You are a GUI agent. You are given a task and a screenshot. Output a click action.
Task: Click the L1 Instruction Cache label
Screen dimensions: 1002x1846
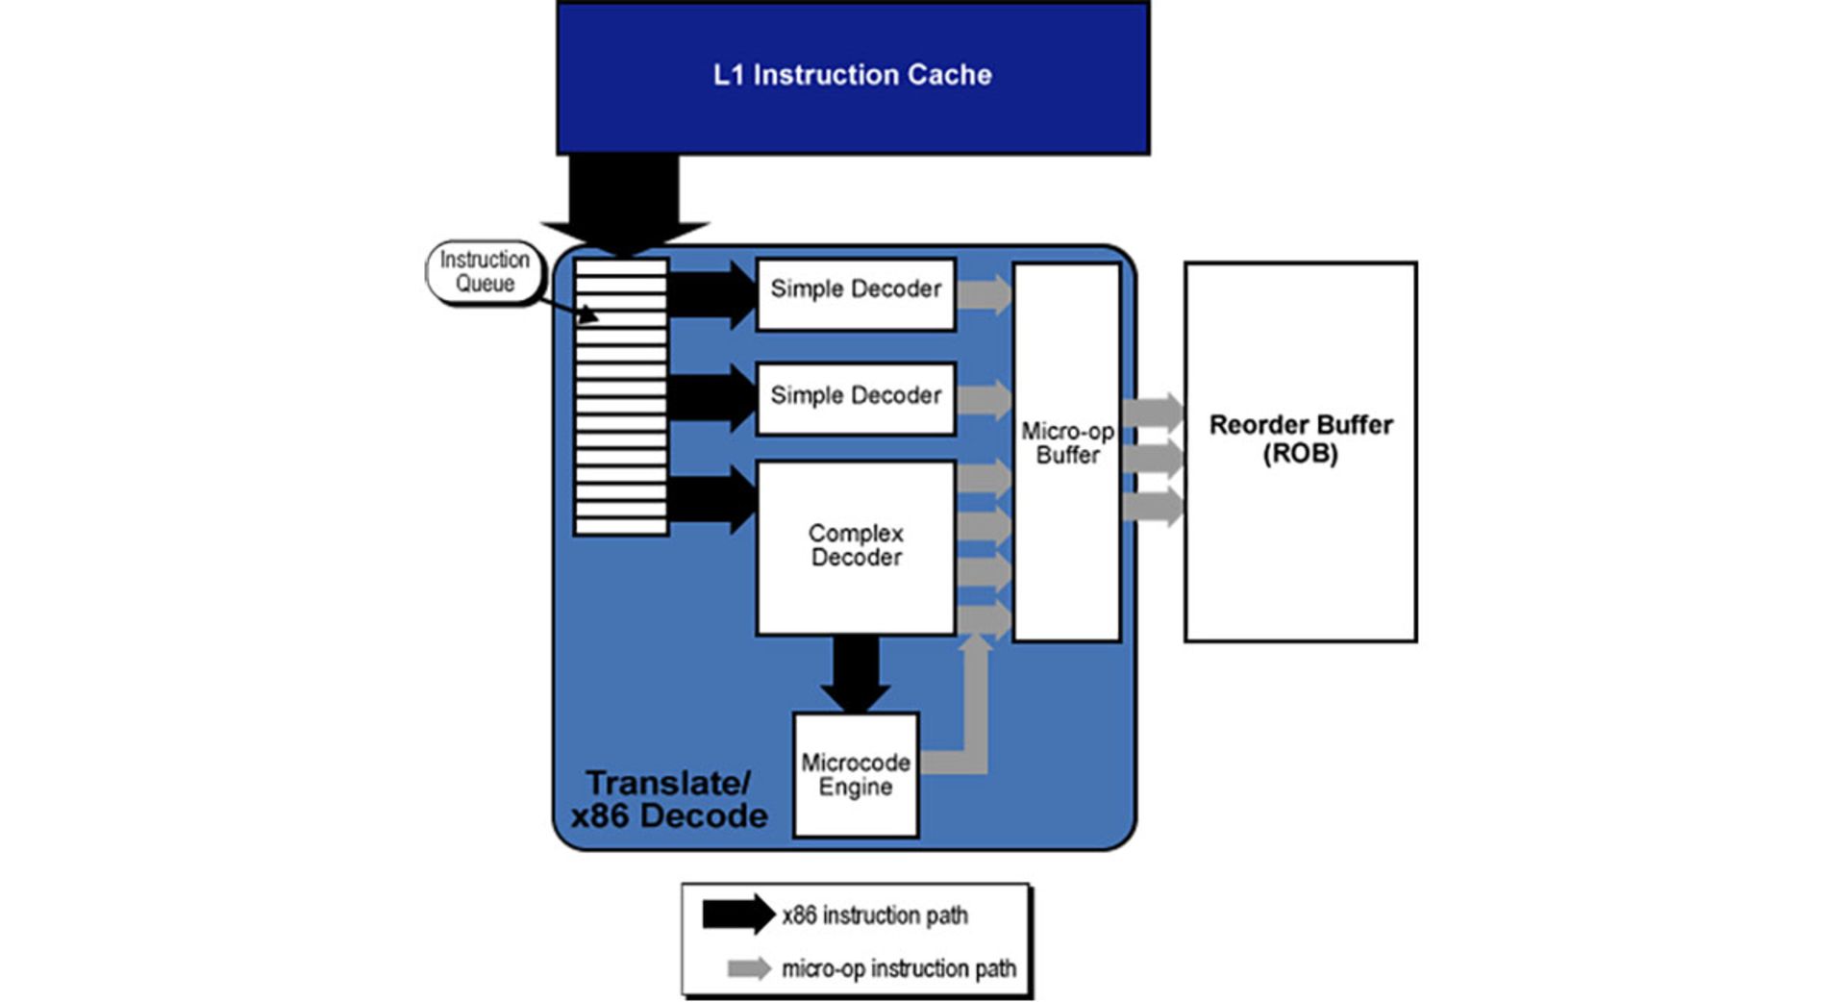[852, 75]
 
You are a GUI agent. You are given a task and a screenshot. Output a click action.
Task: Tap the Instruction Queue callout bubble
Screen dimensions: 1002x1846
[485, 272]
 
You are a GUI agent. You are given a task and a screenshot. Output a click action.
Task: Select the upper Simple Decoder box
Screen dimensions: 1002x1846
[856, 289]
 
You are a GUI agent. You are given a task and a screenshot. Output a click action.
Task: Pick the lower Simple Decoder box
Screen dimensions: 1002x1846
[856, 395]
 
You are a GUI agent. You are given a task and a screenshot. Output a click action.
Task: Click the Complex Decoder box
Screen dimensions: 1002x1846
[856, 546]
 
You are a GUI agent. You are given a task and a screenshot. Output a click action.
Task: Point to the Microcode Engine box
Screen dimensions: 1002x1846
[856, 774]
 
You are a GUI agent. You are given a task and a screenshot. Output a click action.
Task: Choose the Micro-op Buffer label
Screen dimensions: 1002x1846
[1067, 443]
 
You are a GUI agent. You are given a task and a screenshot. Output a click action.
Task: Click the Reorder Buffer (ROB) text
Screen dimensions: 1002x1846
[1300, 438]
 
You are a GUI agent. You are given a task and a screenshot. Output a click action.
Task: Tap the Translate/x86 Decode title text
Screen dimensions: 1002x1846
[668, 799]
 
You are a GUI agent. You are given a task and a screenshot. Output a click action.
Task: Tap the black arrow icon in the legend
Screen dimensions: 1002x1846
[737, 914]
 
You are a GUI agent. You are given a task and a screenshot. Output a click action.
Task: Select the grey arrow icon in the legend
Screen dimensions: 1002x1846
[749, 968]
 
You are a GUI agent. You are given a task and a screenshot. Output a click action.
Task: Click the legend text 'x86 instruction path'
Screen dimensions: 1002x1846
[875, 915]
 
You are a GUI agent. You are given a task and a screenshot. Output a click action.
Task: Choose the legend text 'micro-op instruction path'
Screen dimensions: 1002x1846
[899, 968]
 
